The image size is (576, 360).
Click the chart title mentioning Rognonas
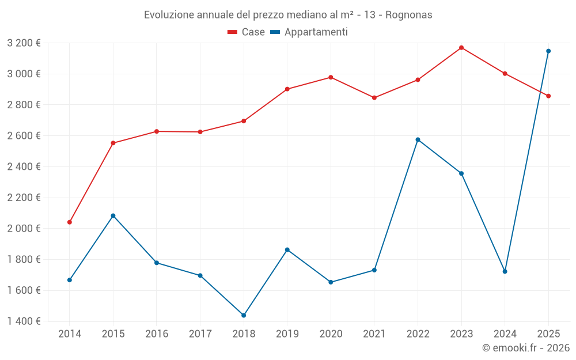coord(288,14)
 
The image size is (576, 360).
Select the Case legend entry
coord(247,32)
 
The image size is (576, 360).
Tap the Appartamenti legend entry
coord(309,32)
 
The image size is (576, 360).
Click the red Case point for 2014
coord(70,222)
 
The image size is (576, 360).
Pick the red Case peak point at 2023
coord(461,47)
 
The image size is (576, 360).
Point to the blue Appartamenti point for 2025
coord(548,51)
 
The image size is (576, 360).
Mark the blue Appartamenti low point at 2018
coord(244,315)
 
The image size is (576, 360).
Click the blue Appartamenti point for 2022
coord(418,139)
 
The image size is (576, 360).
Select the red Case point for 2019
coord(287,89)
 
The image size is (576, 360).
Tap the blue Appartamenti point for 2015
coord(113,215)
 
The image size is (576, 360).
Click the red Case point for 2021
coord(374,97)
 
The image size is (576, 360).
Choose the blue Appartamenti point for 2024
coord(505,271)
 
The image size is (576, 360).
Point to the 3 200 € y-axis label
coord(24,43)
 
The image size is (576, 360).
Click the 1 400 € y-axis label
coord(24,321)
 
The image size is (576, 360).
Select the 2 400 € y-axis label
coord(24,166)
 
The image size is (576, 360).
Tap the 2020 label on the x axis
coord(331,334)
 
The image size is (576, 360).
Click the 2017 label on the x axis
coord(200,334)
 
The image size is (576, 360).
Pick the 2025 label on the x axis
coord(548,334)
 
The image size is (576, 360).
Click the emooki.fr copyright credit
coord(525,348)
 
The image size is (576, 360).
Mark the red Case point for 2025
coord(548,96)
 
